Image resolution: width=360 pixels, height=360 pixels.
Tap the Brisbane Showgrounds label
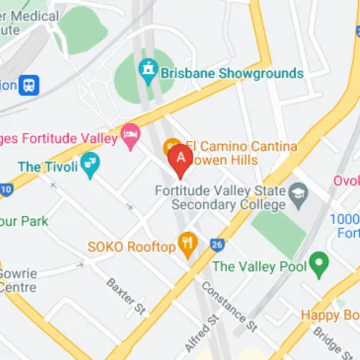tap(232, 73)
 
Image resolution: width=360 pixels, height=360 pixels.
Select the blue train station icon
tap(30, 84)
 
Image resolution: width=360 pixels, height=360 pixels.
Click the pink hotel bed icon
tap(130, 135)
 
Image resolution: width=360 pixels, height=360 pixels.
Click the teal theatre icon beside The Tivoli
tap(89, 165)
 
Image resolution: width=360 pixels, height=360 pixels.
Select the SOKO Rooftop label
tap(132, 247)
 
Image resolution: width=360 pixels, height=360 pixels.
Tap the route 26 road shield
tap(217, 245)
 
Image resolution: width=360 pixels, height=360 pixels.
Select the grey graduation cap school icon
tap(298, 192)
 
